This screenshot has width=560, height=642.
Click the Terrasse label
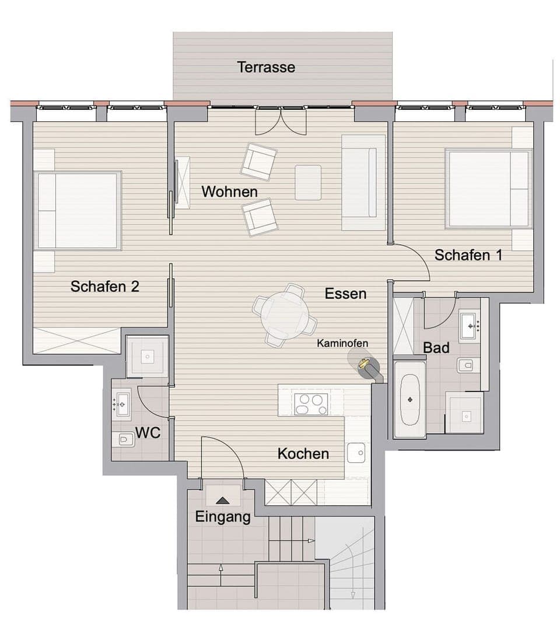(266, 67)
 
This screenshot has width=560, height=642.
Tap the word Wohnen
(229, 191)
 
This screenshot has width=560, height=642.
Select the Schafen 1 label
(468, 255)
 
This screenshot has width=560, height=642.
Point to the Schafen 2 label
(105, 287)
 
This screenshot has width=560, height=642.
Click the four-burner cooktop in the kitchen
(311, 404)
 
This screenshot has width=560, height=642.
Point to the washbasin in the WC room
(123, 403)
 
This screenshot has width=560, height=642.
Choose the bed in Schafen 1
(488, 189)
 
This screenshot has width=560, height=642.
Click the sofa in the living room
(363, 182)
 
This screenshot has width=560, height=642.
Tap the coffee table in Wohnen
(308, 182)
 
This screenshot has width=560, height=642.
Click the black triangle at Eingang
(223, 500)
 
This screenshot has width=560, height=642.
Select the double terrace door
(281, 121)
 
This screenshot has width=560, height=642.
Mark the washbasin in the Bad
(470, 326)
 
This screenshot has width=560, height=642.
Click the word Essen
(345, 294)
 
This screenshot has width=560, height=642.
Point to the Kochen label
(303, 453)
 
